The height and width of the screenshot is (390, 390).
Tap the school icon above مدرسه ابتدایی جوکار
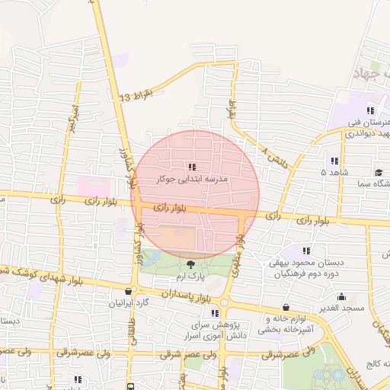pyautogui.click(x=190, y=167)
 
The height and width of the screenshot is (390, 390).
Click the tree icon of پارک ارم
pyautogui.click(x=190, y=264)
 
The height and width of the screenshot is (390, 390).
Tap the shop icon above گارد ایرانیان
pyautogui.click(x=128, y=290)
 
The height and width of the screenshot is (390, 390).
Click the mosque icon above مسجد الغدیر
pyautogui.click(x=340, y=296)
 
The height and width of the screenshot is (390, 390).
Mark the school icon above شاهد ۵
pyautogui.click(x=334, y=161)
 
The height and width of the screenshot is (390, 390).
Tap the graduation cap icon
pyautogui.click(x=378, y=173)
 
